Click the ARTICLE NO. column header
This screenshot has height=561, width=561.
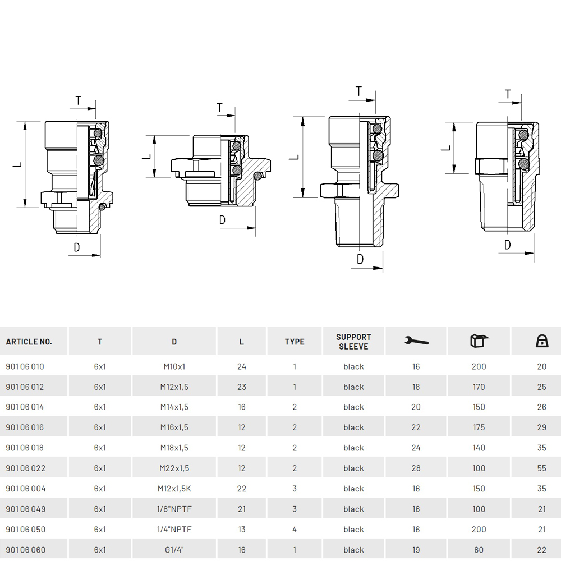(29, 342)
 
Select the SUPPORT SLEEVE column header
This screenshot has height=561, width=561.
(353, 342)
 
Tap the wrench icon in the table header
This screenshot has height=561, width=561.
(416, 341)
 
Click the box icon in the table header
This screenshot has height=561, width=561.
(479, 341)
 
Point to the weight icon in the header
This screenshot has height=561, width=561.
(542, 341)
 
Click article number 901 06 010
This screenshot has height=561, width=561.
(25, 366)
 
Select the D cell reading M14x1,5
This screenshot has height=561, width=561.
(174, 407)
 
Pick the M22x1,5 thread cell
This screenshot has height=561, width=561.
(174, 468)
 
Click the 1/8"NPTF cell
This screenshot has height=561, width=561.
(174, 509)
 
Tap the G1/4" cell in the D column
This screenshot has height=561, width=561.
(174, 550)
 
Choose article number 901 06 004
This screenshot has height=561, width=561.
(26, 489)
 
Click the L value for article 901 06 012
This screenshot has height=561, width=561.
(241, 387)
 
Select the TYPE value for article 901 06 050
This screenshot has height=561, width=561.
(295, 529)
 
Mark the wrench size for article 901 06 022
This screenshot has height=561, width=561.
(416, 468)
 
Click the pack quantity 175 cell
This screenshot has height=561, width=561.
(479, 427)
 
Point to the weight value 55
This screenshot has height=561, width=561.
(542, 468)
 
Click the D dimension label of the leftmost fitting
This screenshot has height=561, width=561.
(76, 247)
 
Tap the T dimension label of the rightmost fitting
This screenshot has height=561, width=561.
(508, 94)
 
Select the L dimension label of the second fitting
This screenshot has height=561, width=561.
(147, 157)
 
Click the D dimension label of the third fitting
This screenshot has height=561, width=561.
(360, 259)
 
